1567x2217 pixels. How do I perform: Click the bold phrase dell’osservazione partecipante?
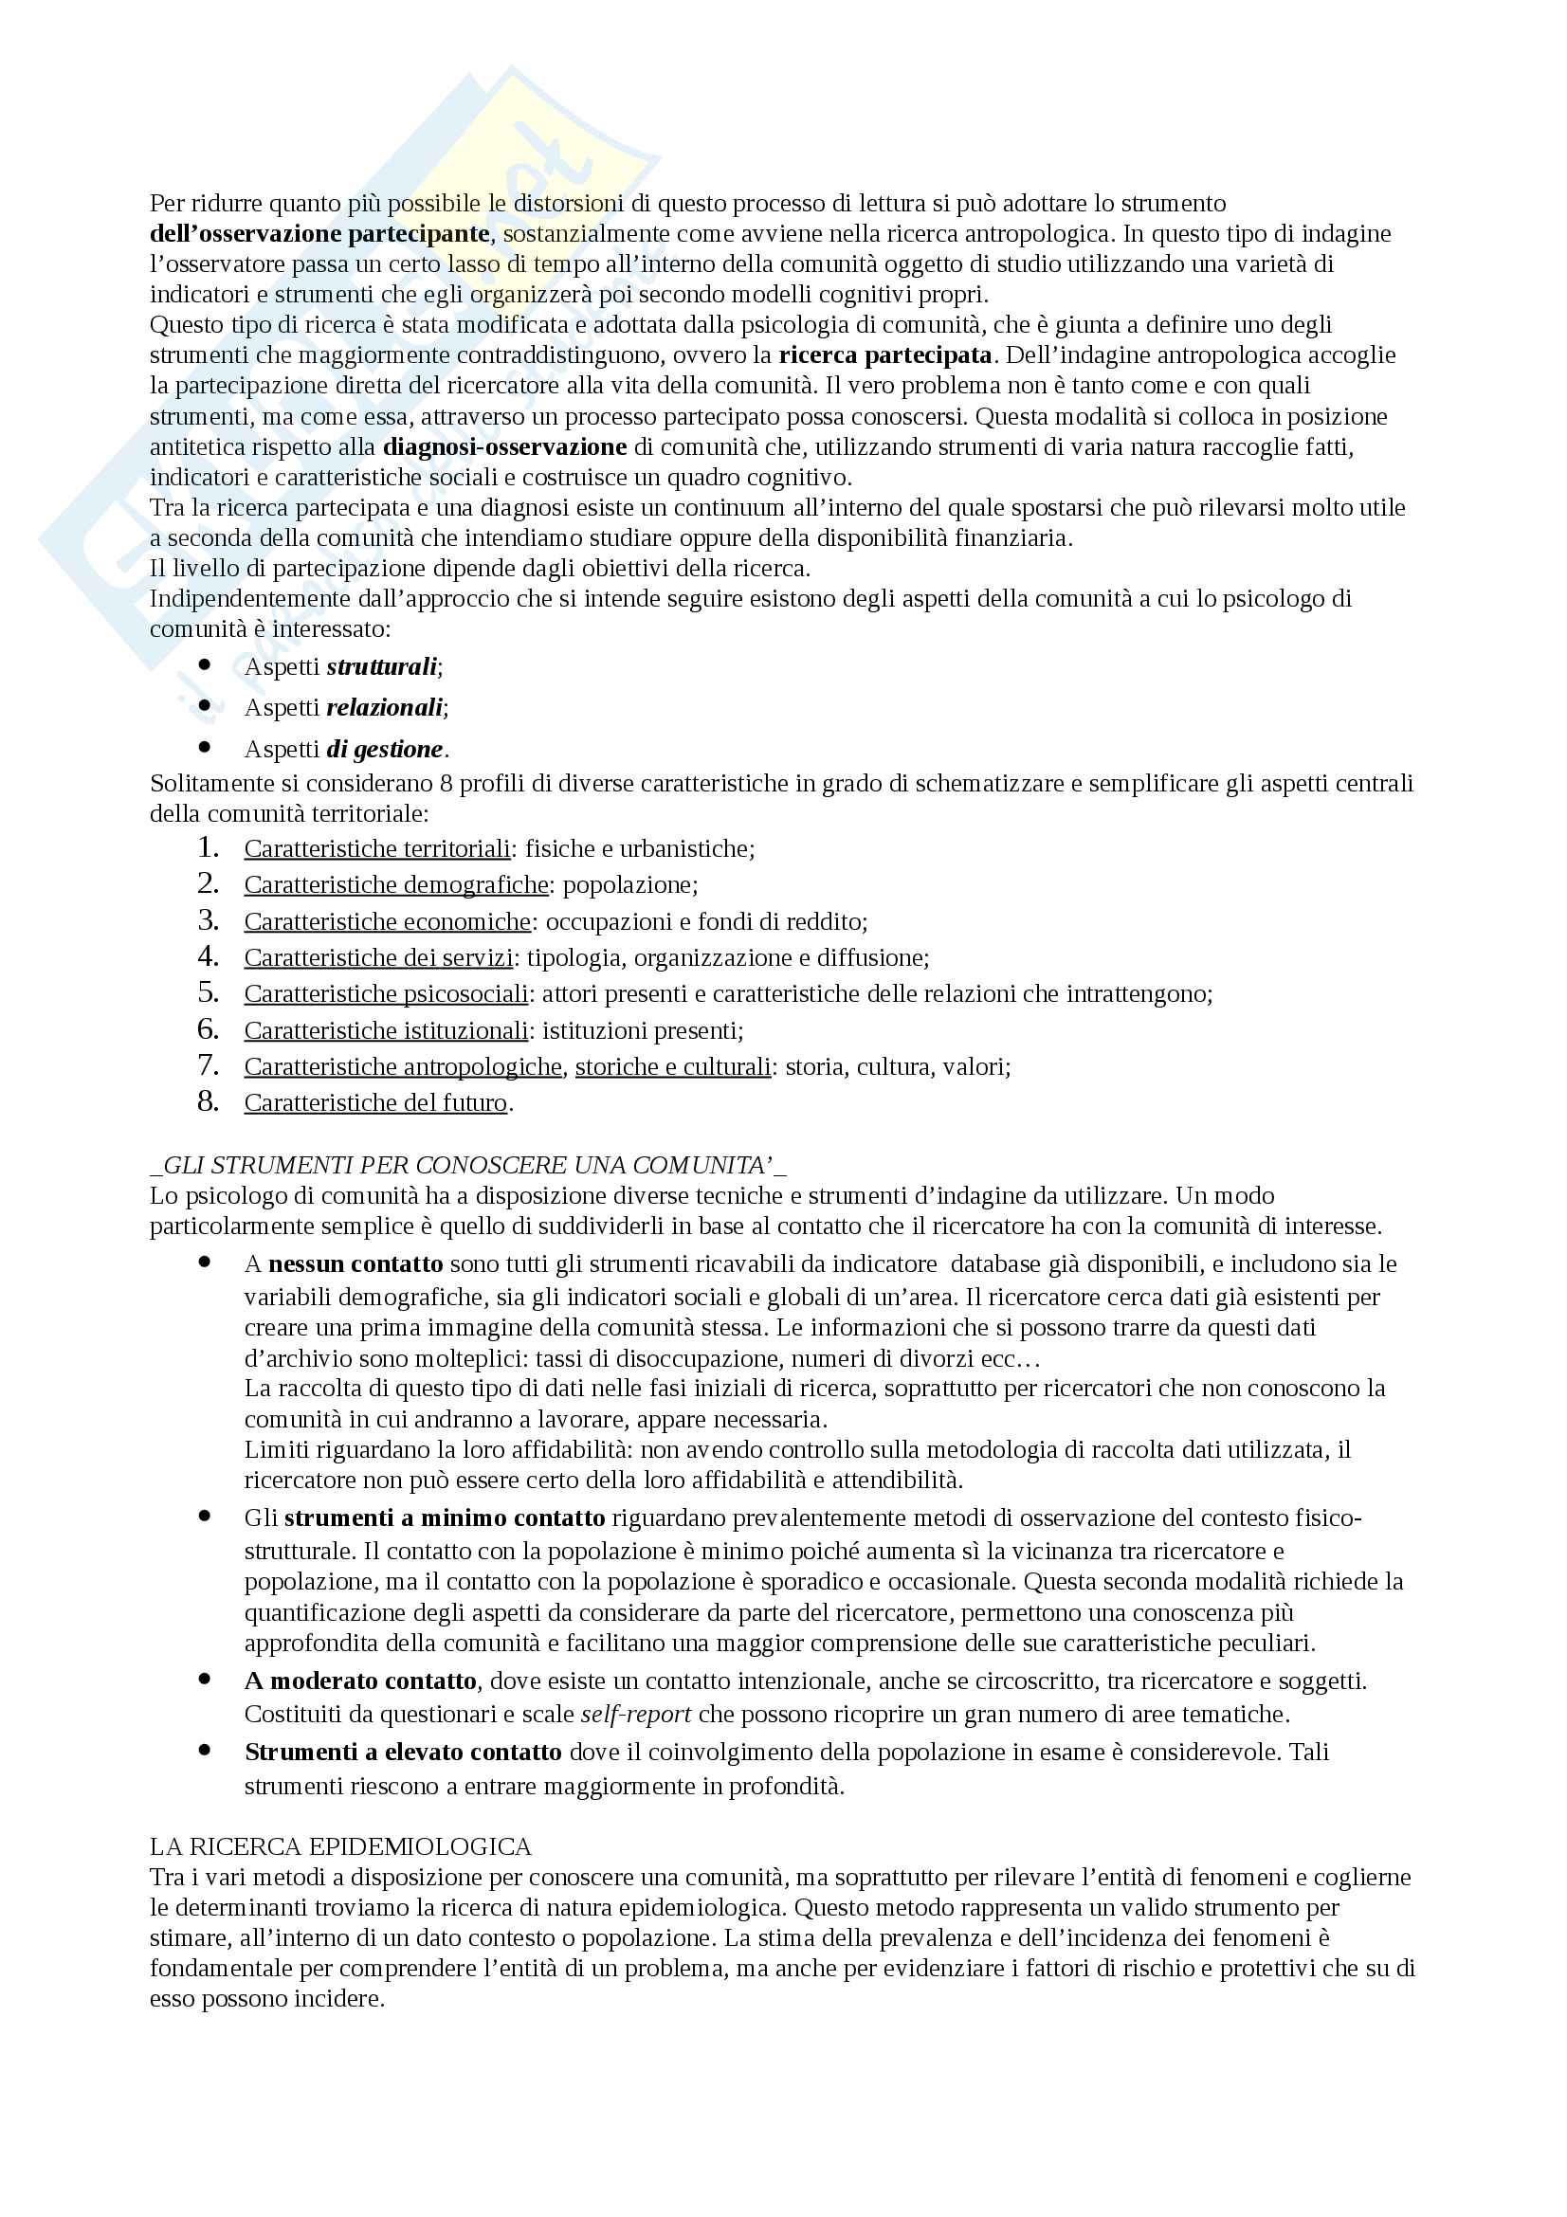tap(319, 234)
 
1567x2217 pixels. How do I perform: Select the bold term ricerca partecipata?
tap(885, 355)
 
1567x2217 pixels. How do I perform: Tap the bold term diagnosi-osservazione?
tap(505, 447)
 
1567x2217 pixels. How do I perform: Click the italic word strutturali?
tap(381, 667)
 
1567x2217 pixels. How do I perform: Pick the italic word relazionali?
tap(384, 708)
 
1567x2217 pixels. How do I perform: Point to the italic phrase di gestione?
tap(384, 750)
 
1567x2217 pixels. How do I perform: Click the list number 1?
tap(208, 847)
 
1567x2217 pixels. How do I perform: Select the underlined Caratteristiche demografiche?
tap(396, 884)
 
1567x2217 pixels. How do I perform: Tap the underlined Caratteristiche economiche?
tap(387, 921)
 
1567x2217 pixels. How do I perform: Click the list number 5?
tap(208, 992)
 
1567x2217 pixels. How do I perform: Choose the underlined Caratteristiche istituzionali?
tap(385, 1030)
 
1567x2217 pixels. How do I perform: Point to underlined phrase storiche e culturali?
tap(673, 1066)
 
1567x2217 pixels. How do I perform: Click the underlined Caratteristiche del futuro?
tap(375, 1102)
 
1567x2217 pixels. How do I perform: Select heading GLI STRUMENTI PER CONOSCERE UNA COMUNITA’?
tap(468, 1166)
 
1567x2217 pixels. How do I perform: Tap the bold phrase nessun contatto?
tap(355, 1264)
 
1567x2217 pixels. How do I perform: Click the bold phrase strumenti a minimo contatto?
tap(445, 1517)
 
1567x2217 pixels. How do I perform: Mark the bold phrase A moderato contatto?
tap(360, 1681)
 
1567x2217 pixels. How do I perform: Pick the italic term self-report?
tap(635, 1714)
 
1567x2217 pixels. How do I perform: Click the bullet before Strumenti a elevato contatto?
tap(205, 1750)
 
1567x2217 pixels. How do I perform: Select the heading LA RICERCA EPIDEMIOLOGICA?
tap(341, 1847)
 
